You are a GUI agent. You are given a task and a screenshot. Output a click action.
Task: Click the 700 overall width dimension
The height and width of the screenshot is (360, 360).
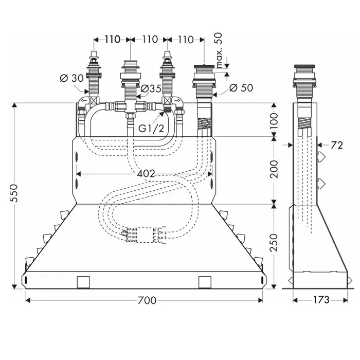[147, 300]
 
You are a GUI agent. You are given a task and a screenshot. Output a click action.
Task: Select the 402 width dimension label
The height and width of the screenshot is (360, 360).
[146, 174]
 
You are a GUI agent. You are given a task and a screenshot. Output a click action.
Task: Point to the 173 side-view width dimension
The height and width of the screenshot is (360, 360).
[320, 299]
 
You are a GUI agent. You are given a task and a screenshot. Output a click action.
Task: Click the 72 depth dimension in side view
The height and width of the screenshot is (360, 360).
[337, 145]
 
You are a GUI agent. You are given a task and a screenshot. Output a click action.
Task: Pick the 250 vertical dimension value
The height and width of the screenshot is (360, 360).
[274, 243]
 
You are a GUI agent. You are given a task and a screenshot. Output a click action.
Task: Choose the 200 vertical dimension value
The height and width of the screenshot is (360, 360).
[274, 169]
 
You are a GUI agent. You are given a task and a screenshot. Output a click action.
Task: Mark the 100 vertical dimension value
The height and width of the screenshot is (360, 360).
[274, 121]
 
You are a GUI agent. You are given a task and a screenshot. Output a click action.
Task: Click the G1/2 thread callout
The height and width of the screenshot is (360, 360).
[151, 129]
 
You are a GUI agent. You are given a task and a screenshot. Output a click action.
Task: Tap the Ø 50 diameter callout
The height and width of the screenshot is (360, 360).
[241, 88]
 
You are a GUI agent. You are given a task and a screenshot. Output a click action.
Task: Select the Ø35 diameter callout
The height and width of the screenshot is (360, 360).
[151, 88]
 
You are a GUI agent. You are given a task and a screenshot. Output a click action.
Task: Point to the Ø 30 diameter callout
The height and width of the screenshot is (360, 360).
[72, 78]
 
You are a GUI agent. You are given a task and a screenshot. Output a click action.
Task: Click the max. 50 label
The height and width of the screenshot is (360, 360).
[219, 50]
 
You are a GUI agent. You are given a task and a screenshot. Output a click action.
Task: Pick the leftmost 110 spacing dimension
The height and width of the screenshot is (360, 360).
[113, 40]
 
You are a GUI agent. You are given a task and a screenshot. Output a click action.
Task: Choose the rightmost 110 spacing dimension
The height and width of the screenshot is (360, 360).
[186, 40]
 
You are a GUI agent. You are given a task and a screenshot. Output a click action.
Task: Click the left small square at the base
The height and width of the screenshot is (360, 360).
[83, 282]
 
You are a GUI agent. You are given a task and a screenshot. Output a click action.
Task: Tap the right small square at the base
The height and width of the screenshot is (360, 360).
[205, 282]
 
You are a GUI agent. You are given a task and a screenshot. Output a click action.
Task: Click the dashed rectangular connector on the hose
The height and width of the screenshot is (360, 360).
[145, 235]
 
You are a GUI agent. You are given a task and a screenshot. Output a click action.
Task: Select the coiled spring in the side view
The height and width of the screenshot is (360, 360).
[305, 124]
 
